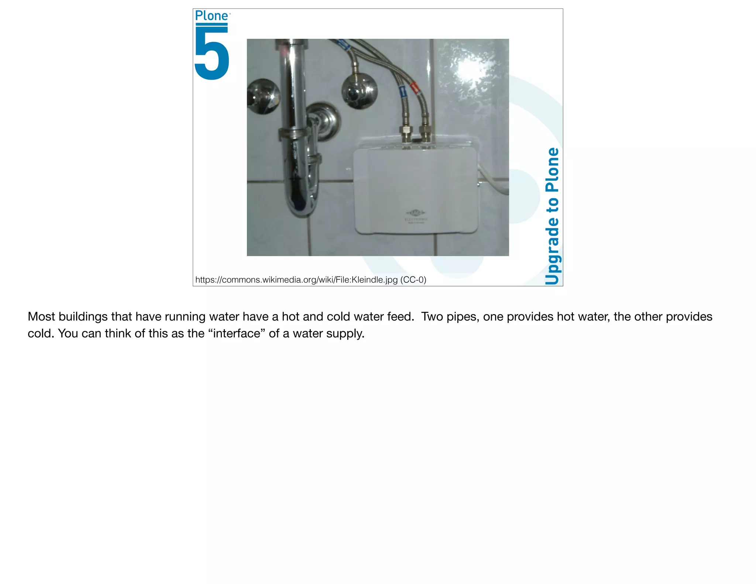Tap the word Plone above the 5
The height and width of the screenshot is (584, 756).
click(x=212, y=16)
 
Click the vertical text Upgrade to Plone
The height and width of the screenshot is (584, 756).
click(x=552, y=216)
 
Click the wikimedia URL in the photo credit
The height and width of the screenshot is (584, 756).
click(x=296, y=280)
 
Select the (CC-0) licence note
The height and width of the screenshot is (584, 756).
click(x=413, y=280)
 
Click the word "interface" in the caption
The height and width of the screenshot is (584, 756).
click(x=237, y=333)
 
